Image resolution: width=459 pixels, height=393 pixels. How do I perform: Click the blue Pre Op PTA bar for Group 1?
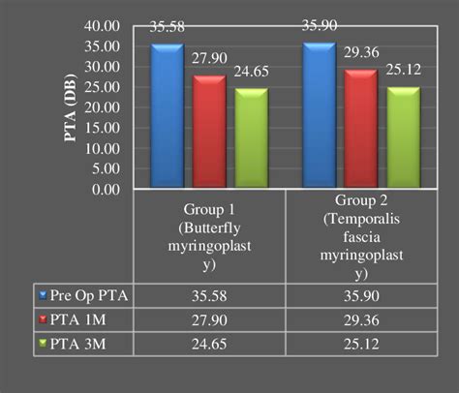click(166, 116)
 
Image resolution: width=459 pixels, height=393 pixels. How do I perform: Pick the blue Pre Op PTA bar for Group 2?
click(319, 116)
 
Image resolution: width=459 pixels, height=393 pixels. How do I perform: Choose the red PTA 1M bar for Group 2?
click(360, 130)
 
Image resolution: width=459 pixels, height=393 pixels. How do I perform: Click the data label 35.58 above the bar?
click(167, 27)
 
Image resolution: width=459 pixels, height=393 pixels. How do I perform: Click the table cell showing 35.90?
click(360, 292)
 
